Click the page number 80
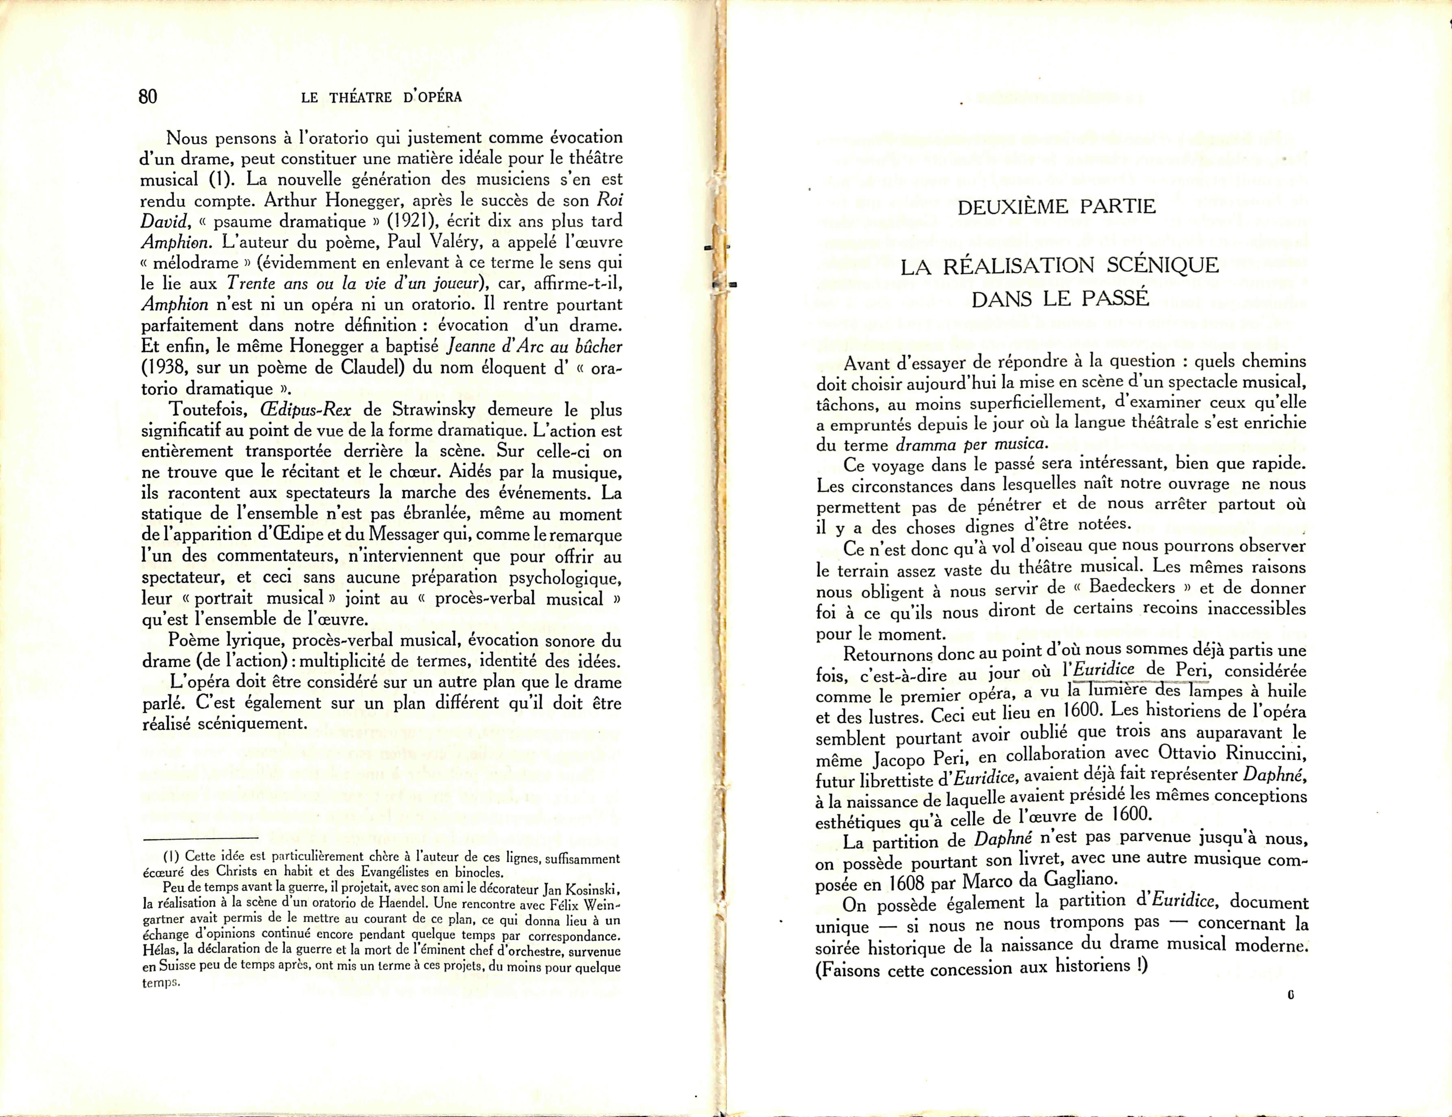(148, 97)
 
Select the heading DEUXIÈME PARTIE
(1056, 207)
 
